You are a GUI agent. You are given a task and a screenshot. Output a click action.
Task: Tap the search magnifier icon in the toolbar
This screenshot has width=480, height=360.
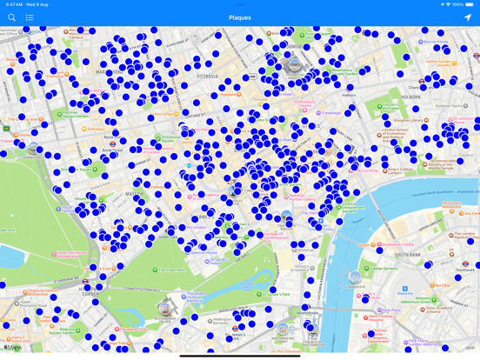(11, 17)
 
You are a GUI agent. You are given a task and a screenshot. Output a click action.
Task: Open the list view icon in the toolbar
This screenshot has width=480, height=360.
(30, 17)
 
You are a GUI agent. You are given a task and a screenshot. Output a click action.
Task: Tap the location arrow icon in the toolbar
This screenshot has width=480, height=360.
(467, 17)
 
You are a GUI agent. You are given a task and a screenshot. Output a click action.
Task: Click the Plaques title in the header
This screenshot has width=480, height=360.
(239, 17)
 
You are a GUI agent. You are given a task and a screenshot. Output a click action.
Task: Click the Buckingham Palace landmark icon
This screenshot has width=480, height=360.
(165, 308)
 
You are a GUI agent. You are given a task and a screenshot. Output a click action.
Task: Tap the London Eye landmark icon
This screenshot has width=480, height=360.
(355, 277)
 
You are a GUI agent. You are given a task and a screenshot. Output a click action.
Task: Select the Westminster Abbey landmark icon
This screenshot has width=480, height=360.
(282, 329)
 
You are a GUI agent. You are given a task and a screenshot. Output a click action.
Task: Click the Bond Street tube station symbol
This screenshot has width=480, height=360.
(111, 143)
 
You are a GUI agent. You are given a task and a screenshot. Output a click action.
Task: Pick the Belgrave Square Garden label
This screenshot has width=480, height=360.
(35, 336)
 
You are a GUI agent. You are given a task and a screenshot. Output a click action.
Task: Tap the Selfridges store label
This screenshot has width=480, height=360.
(96, 130)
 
